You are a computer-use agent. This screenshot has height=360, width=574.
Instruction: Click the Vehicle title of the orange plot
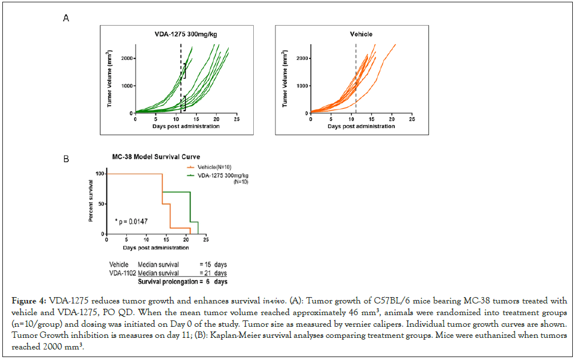pos(361,34)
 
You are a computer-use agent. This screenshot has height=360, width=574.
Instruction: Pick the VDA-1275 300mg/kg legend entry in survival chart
pos(217,174)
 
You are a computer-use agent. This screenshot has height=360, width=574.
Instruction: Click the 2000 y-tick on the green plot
pos(126,58)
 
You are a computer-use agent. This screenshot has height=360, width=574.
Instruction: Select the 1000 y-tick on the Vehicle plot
pos(301,86)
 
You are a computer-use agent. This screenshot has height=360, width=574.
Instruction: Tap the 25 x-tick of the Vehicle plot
pos(412,119)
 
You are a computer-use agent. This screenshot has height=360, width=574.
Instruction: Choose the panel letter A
pos(66,18)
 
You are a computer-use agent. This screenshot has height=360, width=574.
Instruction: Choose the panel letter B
pos(66,158)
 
